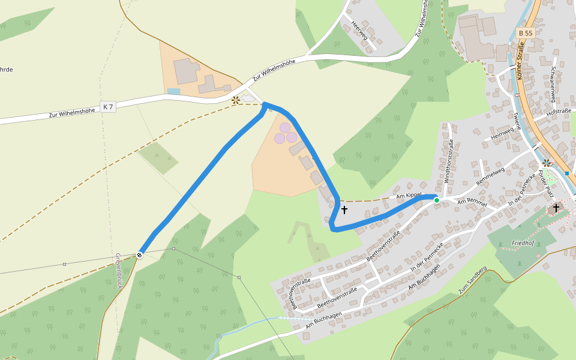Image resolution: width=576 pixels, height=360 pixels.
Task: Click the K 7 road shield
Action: pyautogui.click(x=108, y=106)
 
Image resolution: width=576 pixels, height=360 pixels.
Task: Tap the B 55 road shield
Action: pyautogui.click(x=526, y=33)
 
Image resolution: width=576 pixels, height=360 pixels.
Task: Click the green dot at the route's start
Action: pyautogui.click(x=437, y=200)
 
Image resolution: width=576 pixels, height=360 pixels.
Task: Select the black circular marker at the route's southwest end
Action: pyautogui.click(x=139, y=255)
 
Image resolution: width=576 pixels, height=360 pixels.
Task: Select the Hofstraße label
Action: pyautogui.click(x=559, y=111)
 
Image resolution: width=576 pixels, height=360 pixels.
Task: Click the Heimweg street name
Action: pyautogui.click(x=503, y=134)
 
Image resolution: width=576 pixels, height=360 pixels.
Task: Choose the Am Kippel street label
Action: pyautogui.click(x=410, y=196)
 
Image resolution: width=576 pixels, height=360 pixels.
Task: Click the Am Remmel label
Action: pyautogui.click(x=470, y=202)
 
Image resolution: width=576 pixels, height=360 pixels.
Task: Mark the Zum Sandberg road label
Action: pyautogui.click(x=472, y=280)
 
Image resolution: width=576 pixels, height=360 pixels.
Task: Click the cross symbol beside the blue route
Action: pyautogui.click(x=344, y=210)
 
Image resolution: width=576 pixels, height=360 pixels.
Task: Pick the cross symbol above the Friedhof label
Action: pyautogui.click(x=556, y=208)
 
